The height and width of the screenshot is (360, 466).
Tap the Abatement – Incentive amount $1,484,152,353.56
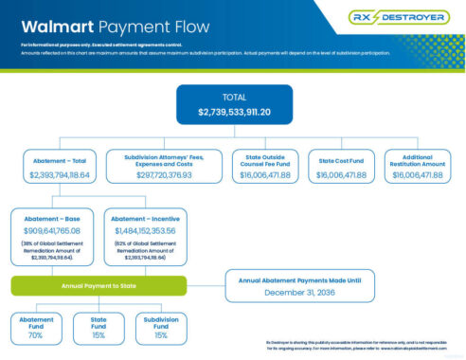148,230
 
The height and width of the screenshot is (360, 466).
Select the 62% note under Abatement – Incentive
148,251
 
